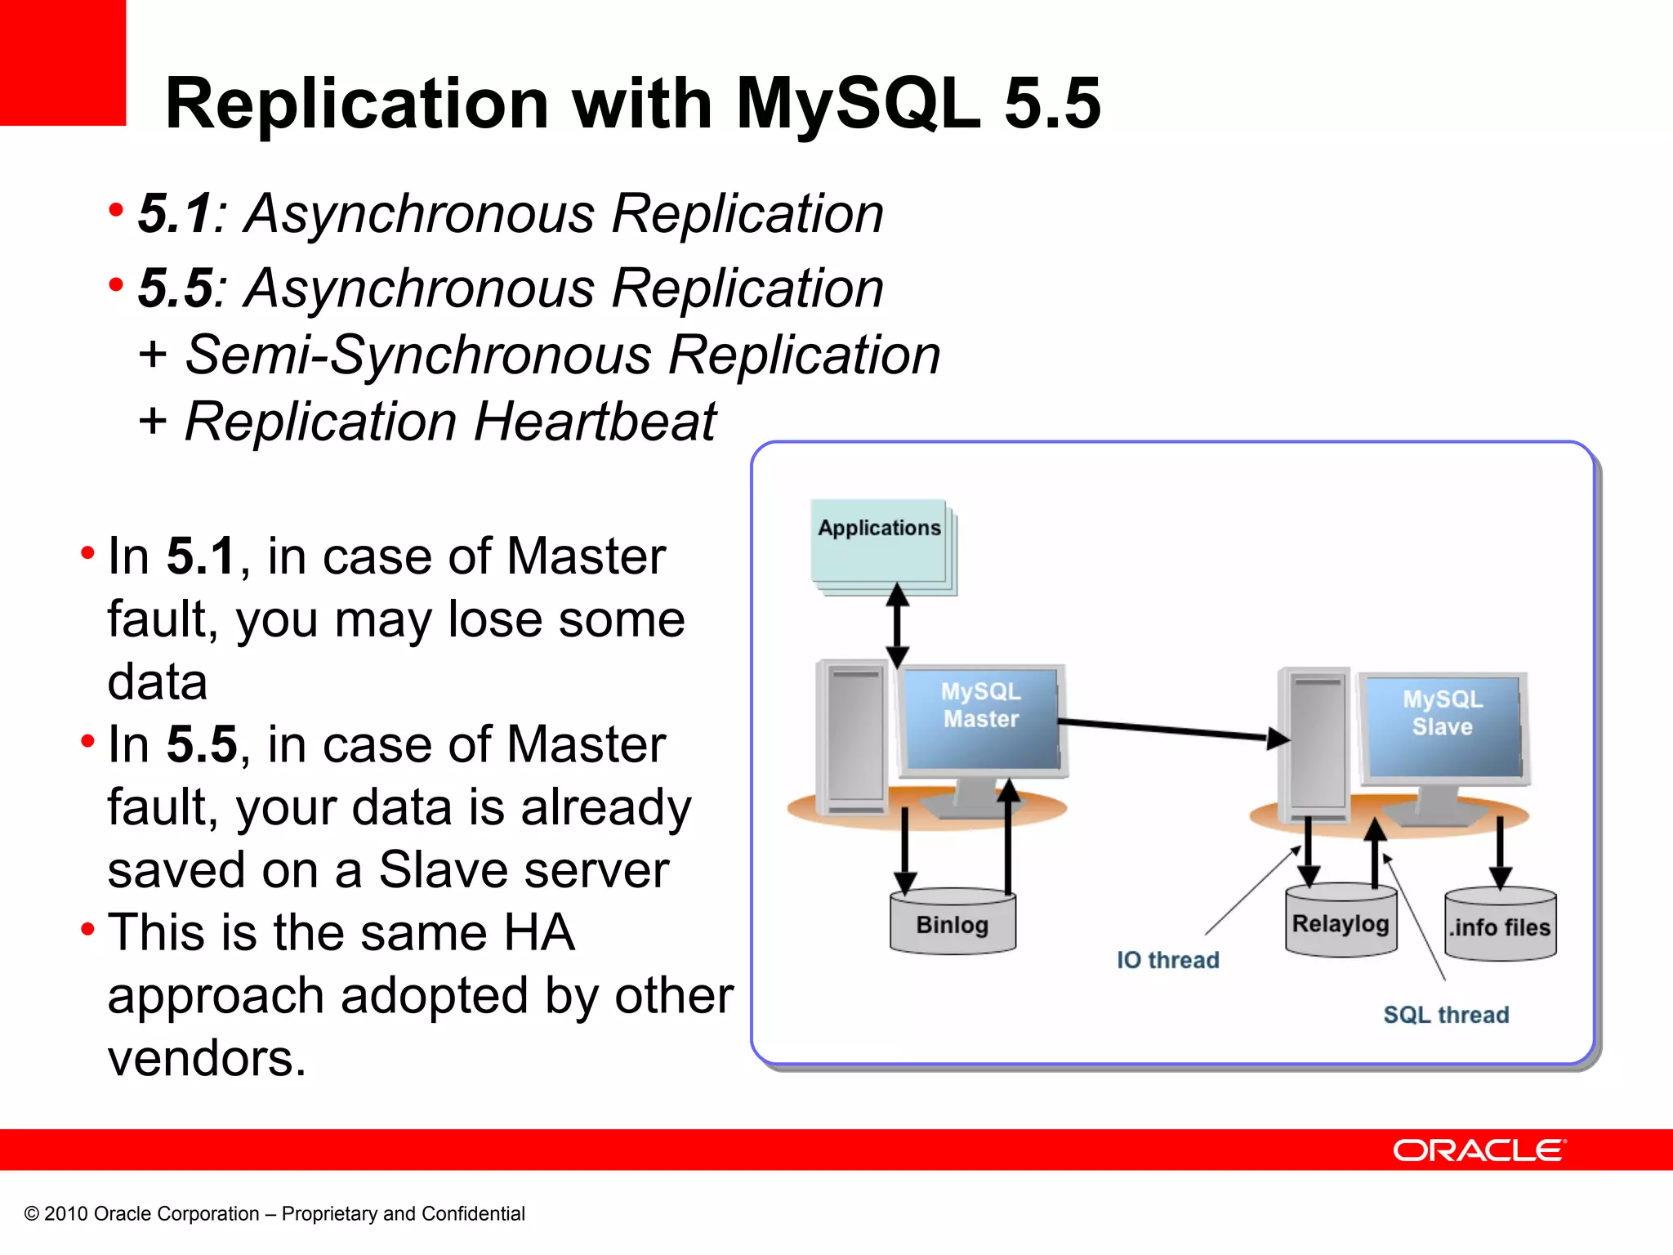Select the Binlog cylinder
pyautogui.click(x=952, y=923)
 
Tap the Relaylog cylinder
pyautogui.click(x=1341, y=922)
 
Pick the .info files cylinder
pyautogui.click(x=1500, y=927)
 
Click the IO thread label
pyautogui.click(x=1167, y=959)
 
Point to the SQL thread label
pyautogui.click(x=1445, y=1014)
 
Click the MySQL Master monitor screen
pyautogui.click(x=981, y=719)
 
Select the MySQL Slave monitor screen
pyautogui.click(x=1443, y=726)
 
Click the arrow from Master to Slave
pyautogui.click(x=1168, y=730)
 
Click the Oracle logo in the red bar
pyautogui.click(x=1479, y=1150)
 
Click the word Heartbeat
pyautogui.click(x=594, y=422)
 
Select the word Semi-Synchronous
pyautogui.click(x=417, y=355)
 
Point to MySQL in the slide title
pyautogui.click(x=858, y=104)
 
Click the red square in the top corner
pyautogui.click(x=62, y=62)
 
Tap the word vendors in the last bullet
pyautogui.click(x=206, y=1058)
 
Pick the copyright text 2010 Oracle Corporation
pyautogui.click(x=151, y=1213)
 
